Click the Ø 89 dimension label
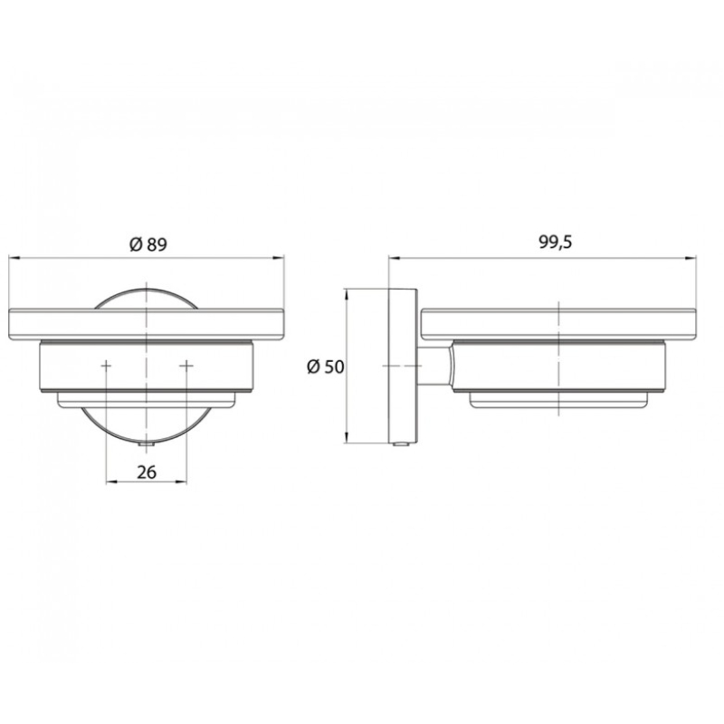pyautogui.click(x=148, y=244)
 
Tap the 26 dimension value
pyautogui.click(x=147, y=472)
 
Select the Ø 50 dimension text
pyautogui.click(x=326, y=367)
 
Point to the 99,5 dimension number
pyautogui.click(x=556, y=242)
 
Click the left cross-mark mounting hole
pyautogui.click(x=106, y=366)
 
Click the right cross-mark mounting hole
pyautogui.click(x=186, y=366)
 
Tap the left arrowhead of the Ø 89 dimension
pyautogui.click(x=14, y=259)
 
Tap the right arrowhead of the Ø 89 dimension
pyautogui.click(x=280, y=259)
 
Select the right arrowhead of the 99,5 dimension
pyautogui.click(x=691, y=259)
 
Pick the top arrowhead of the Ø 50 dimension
pyautogui.click(x=347, y=294)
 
